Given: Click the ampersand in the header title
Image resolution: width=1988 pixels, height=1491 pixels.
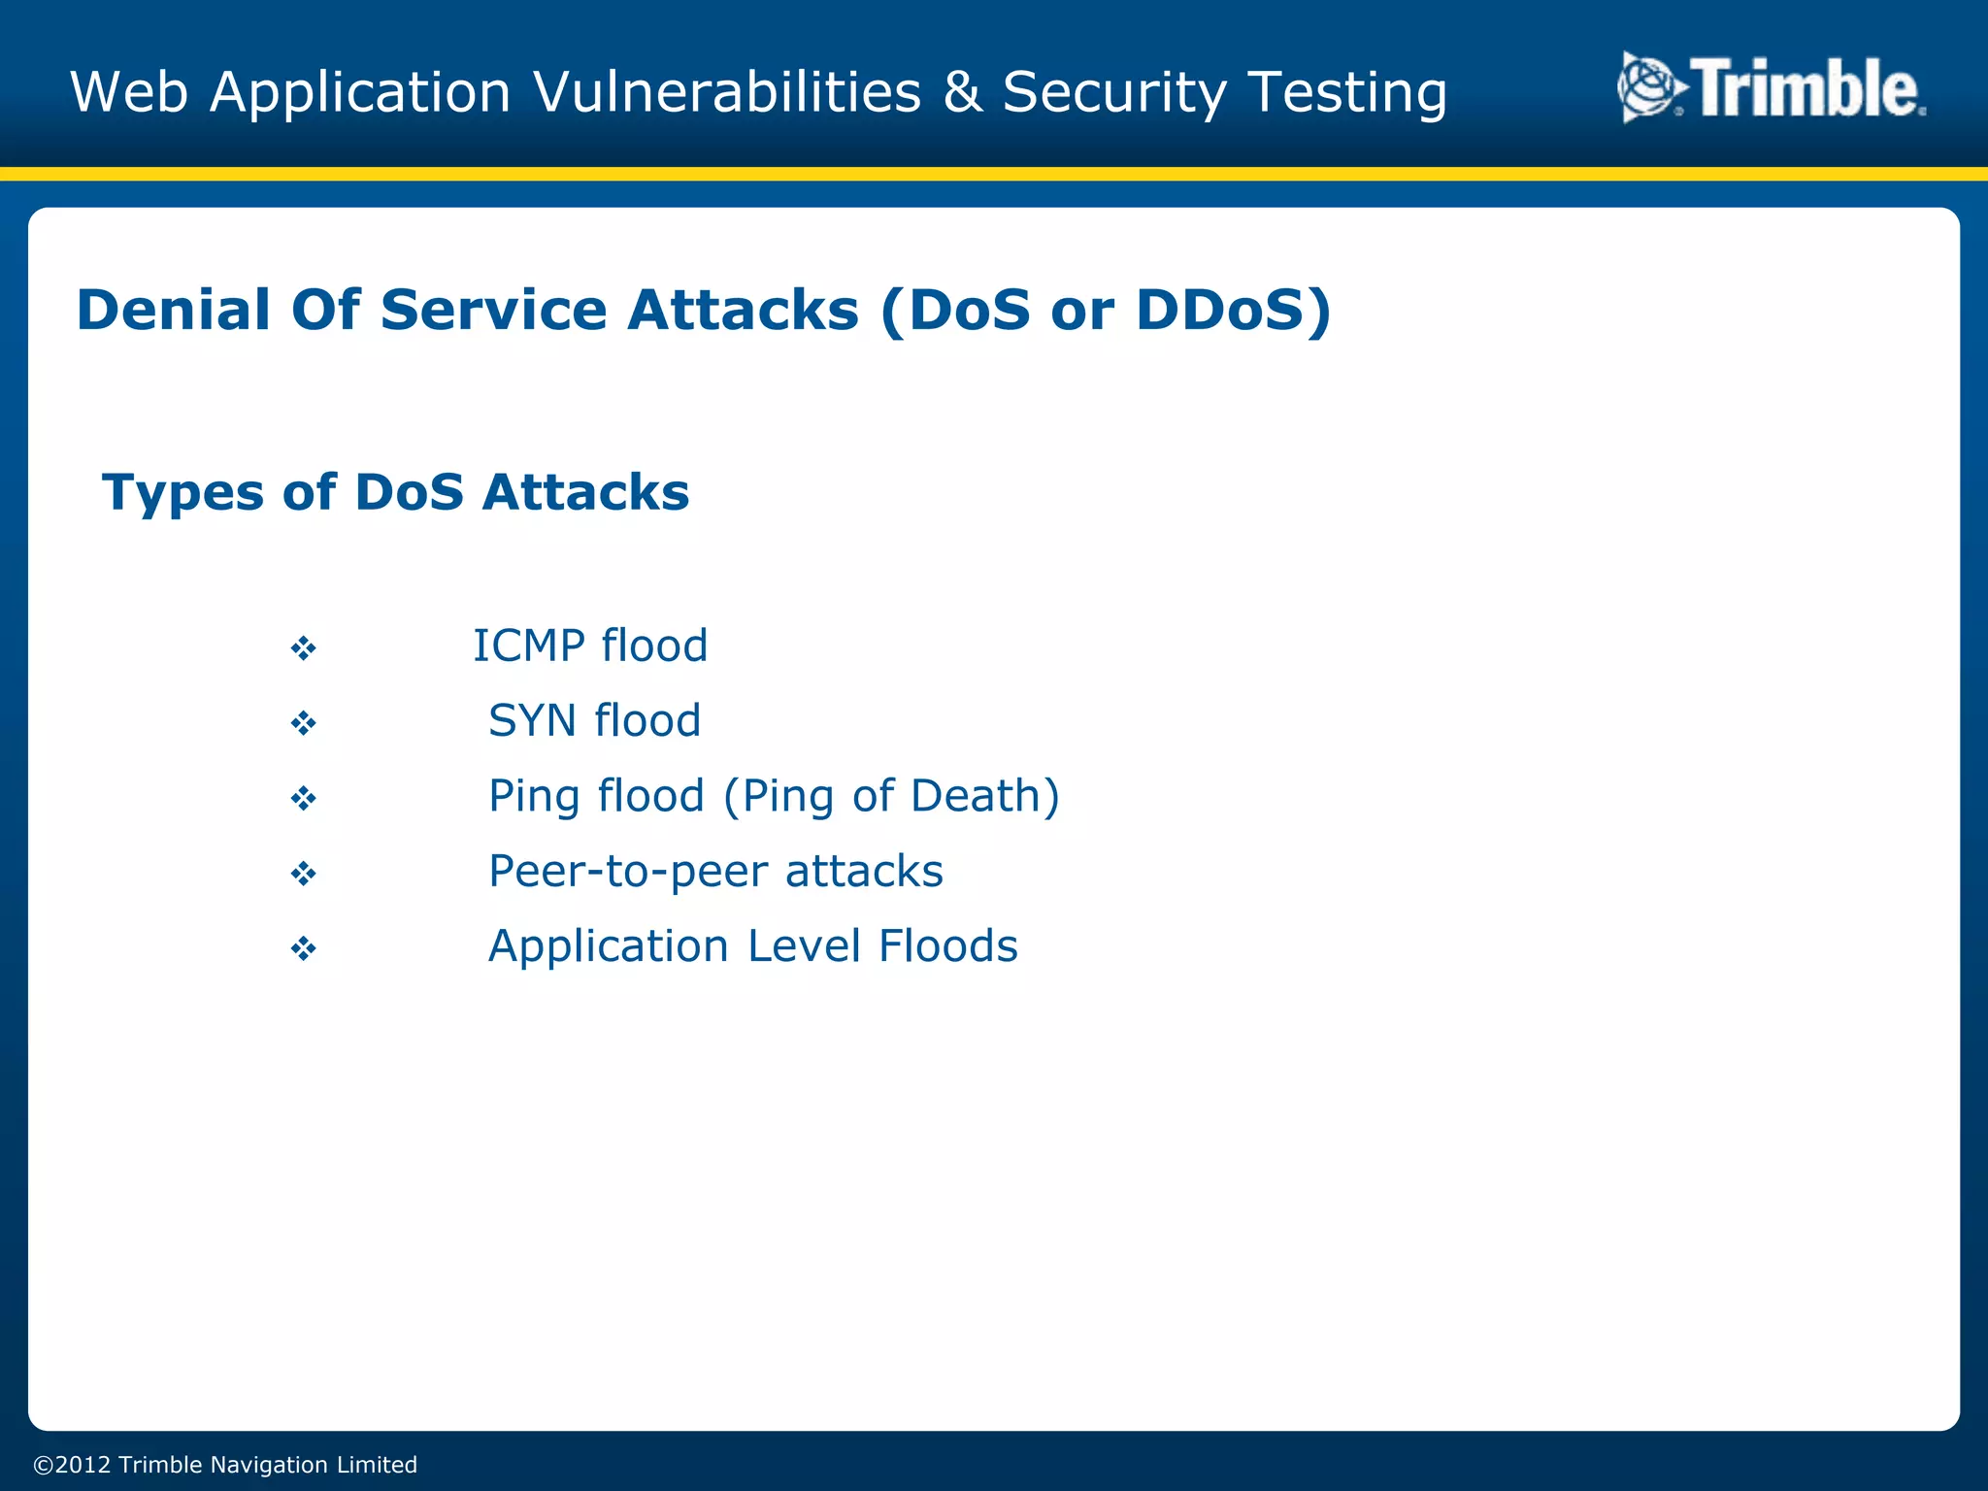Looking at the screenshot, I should [x=962, y=92].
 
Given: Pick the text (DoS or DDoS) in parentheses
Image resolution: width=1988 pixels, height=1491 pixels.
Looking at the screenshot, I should [x=1106, y=311].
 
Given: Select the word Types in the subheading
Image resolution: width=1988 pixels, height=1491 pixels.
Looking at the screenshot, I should [x=182, y=493].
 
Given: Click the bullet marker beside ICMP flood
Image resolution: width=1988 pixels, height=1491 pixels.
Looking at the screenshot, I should [x=304, y=648].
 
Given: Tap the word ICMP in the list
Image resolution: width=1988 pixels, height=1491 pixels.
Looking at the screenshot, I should [x=528, y=646].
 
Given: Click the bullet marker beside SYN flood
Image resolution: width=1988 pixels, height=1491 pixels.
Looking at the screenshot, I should [x=304, y=723].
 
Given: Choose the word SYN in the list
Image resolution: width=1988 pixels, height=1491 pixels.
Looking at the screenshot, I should [x=532, y=721].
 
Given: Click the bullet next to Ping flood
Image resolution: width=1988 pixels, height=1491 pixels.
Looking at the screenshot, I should [x=304, y=799].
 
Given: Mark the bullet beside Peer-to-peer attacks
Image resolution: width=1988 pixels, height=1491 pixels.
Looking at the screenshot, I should [x=304, y=874].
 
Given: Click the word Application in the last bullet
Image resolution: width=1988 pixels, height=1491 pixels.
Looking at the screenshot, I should [x=608, y=947].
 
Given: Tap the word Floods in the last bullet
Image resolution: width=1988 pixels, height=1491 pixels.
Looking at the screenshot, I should [x=947, y=946].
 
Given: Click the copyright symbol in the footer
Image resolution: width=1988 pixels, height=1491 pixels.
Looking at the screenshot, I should [x=43, y=1465].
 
